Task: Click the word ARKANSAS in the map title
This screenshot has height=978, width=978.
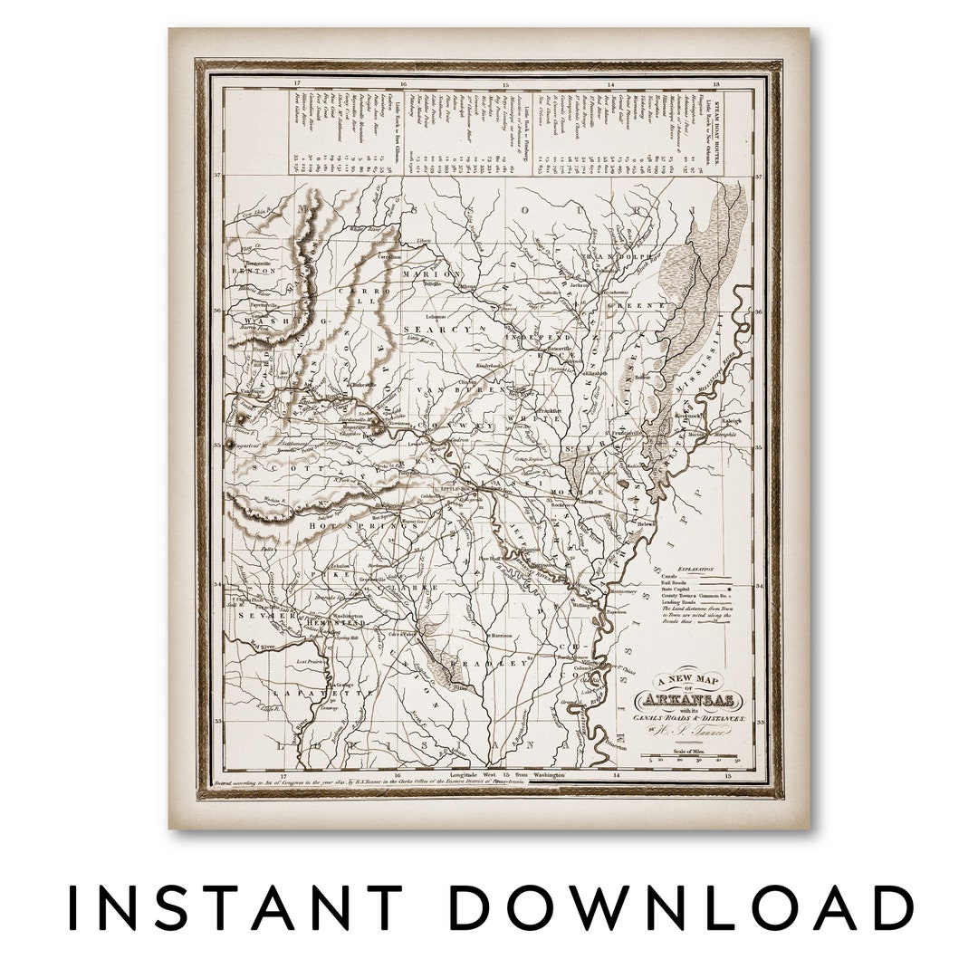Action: [689, 700]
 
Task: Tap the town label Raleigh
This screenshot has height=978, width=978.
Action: [732, 420]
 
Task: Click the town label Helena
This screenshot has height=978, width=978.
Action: [644, 523]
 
